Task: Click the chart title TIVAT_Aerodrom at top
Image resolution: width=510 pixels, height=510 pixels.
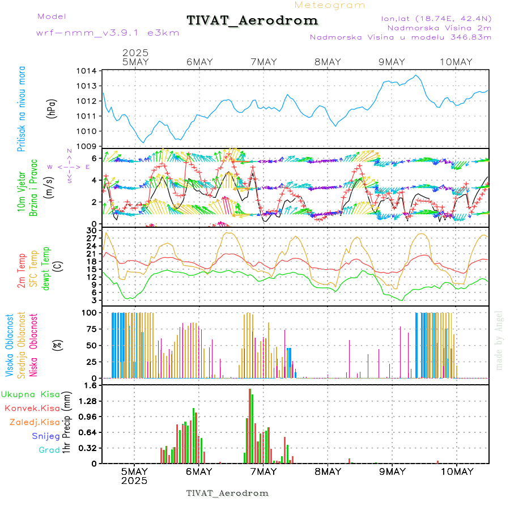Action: point(252,20)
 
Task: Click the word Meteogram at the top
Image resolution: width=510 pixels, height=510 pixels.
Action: point(330,5)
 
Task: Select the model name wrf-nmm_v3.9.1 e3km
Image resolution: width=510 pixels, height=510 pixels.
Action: point(108,32)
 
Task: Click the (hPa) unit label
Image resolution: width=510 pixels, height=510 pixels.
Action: point(52,108)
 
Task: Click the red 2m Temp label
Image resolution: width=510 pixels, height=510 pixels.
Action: point(22,271)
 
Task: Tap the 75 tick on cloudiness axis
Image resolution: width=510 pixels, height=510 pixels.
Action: point(91,329)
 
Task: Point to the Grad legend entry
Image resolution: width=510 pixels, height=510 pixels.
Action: point(49,450)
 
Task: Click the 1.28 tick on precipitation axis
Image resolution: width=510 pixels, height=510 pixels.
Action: point(87,401)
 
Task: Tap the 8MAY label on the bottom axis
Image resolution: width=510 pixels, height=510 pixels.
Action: point(328,471)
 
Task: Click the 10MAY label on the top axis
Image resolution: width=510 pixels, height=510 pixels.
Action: point(456,62)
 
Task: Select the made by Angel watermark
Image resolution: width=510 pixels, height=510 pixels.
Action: point(499,340)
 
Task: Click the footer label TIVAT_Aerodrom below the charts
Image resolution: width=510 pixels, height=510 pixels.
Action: point(227,493)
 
